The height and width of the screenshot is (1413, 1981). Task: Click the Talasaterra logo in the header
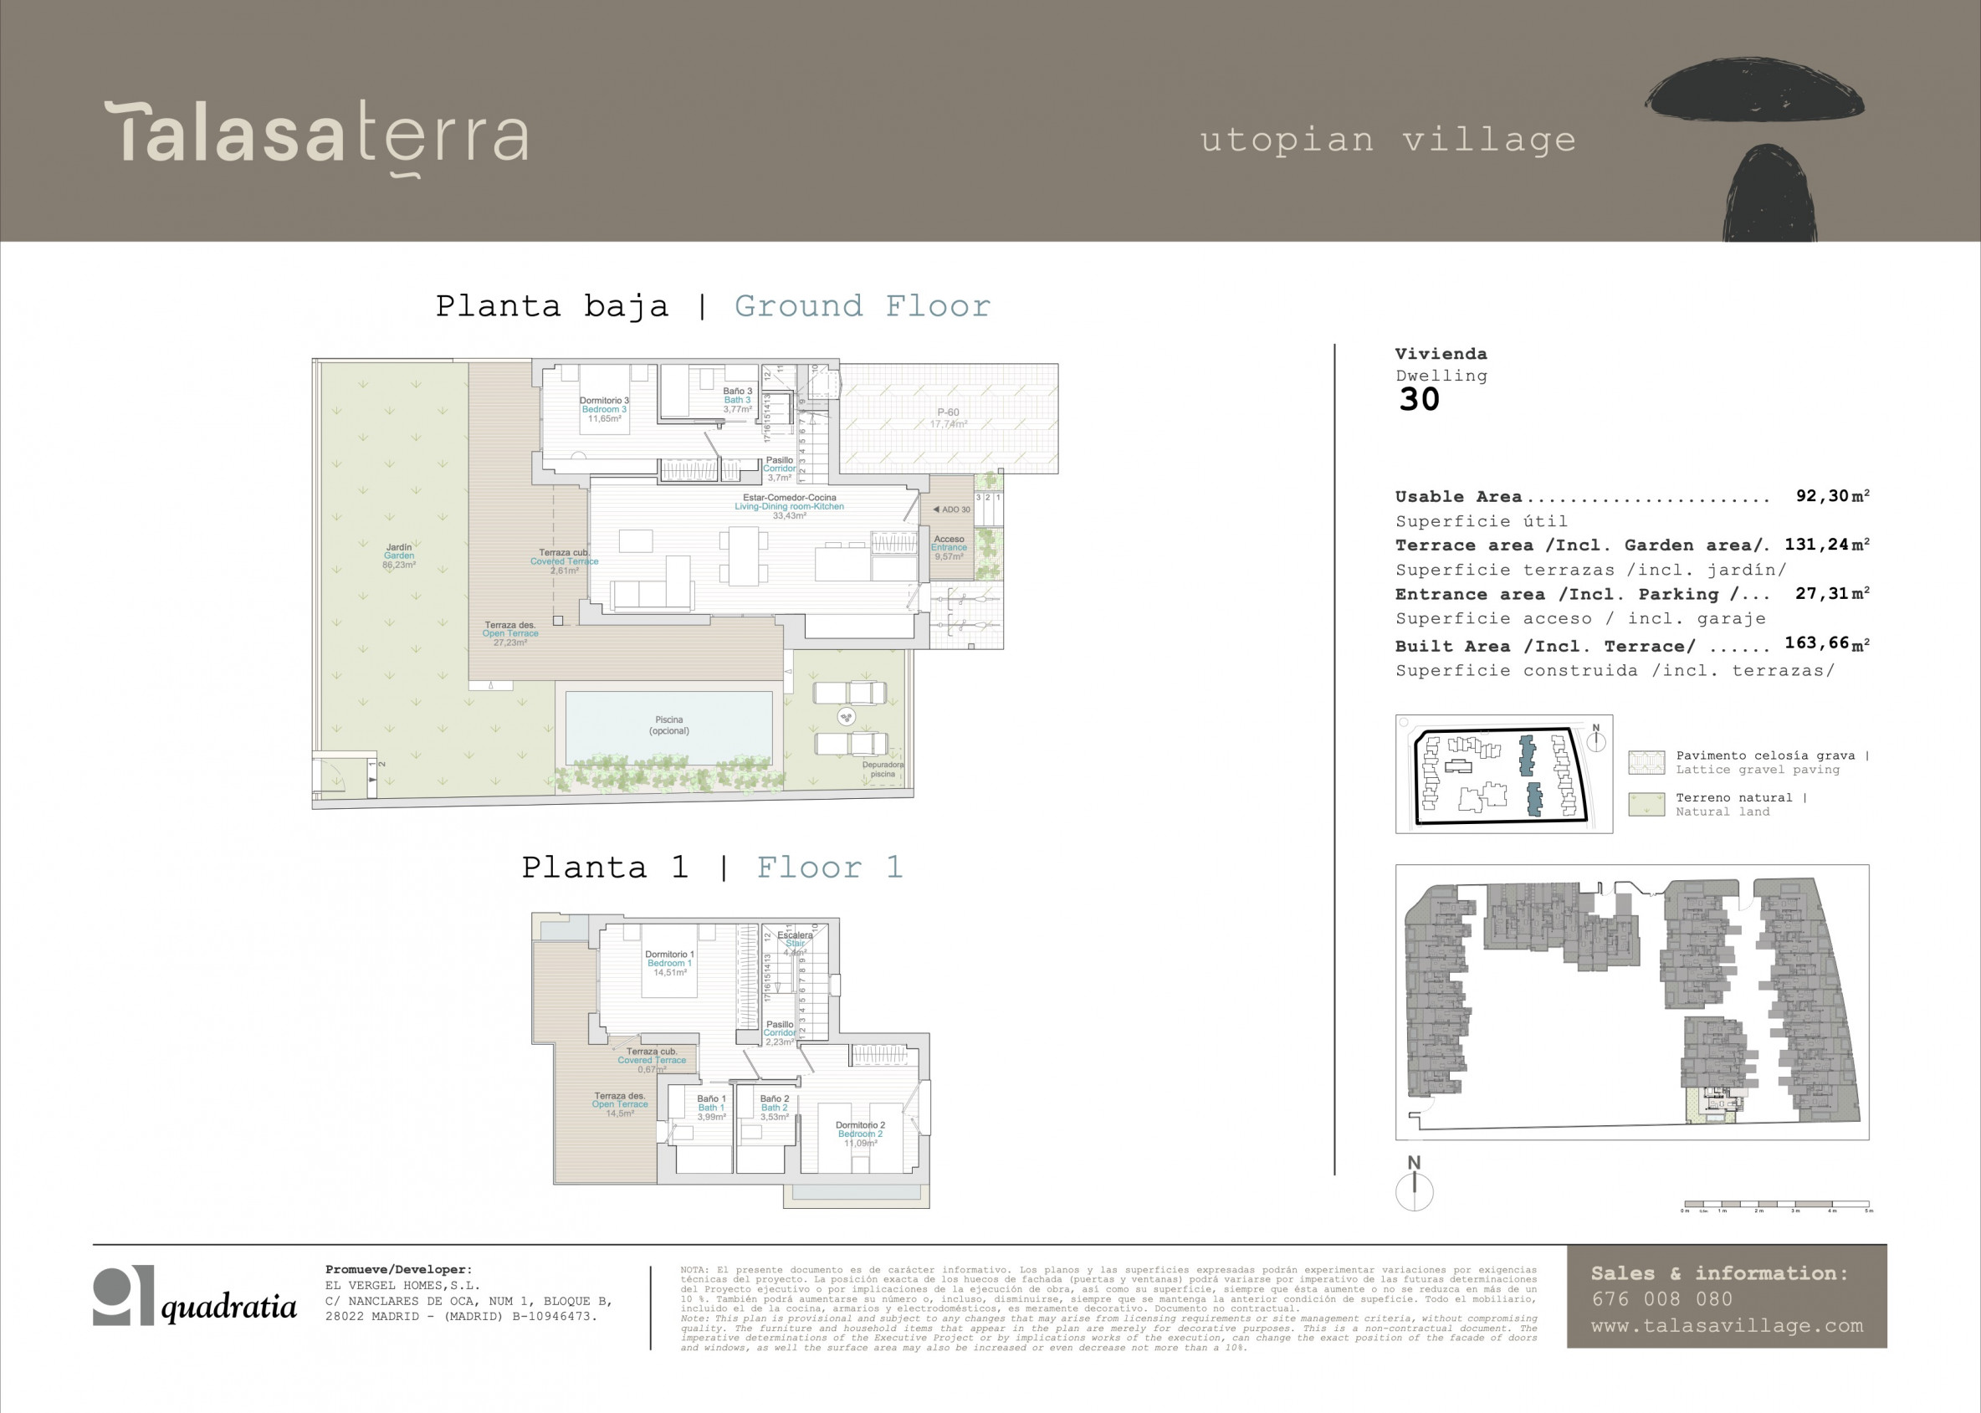(x=317, y=136)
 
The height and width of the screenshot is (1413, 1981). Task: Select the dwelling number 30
(x=1419, y=399)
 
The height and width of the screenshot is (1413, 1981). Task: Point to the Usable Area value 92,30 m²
(x=1832, y=496)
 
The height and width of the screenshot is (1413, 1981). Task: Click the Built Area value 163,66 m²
(x=1826, y=643)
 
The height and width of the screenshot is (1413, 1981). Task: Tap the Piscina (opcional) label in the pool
(x=668, y=724)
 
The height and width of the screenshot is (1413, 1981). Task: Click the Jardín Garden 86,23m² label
(x=398, y=556)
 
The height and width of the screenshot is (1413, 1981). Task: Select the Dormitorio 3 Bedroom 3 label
(x=604, y=410)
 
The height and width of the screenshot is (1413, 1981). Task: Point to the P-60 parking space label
(x=948, y=417)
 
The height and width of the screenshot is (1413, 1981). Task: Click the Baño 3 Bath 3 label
(x=737, y=400)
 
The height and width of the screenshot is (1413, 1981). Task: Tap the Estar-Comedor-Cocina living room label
(x=788, y=506)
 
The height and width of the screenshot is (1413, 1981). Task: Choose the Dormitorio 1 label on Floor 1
(x=669, y=963)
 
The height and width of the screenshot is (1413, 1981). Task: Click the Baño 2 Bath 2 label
(x=774, y=1108)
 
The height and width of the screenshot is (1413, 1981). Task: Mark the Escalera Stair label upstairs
(x=793, y=943)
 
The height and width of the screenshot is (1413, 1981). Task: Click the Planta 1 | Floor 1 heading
(x=712, y=868)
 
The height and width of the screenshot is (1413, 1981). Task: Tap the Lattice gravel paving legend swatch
(x=1646, y=762)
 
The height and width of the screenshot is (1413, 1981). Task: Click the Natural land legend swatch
(x=1646, y=804)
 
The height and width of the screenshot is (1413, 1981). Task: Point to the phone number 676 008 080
(x=1661, y=1299)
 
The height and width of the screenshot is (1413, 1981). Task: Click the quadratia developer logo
(x=195, y=1297)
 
